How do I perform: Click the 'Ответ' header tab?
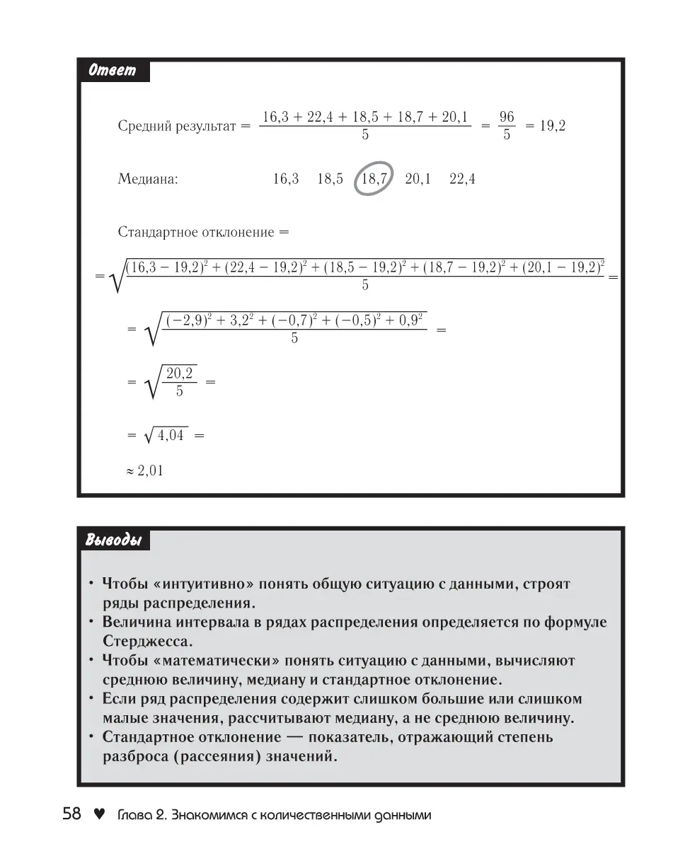pos(113,71)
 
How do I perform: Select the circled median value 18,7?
pos(374,179)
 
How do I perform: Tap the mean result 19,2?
pos(553,127)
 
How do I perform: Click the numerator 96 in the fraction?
pos(507,117)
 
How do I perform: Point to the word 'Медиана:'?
pos(148,179)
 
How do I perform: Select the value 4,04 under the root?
pos(171,436)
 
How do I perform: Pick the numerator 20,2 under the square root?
pos(180,373)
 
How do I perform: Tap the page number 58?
pos(72,814)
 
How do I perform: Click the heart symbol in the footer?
pos(100,814)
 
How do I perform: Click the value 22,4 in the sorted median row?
pos(462,179)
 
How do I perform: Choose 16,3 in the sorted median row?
pos(286,179)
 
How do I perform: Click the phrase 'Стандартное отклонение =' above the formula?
pos(203,231)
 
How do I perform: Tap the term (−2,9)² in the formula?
pos(192,320)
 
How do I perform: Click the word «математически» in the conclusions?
pos(217,661)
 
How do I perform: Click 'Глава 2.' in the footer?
pos(140,815)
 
